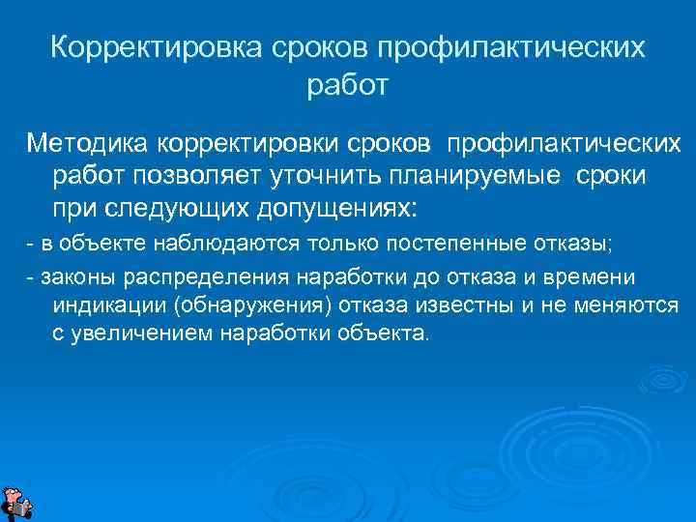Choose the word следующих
click(x=156, y=209)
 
